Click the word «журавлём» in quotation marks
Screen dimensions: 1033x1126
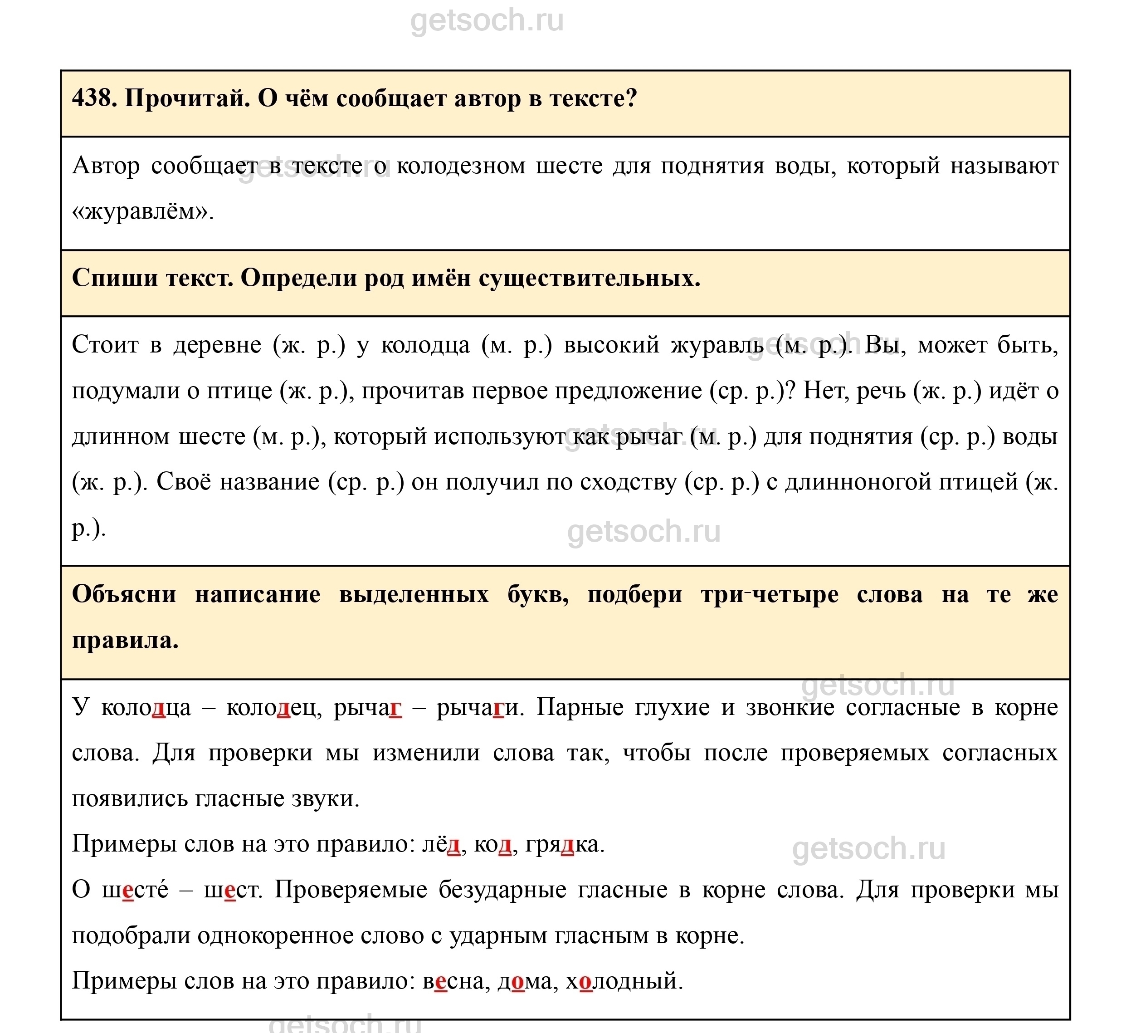pos(142,212)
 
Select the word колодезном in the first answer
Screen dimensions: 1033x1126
pos(461,166)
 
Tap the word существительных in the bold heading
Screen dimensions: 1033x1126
pos(589,278)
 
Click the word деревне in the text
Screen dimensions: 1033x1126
pos(217,345)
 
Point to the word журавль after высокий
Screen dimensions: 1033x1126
pos(717,345)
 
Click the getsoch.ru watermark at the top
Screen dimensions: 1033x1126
pos(487,21)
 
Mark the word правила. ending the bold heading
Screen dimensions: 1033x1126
pos(125,640)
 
